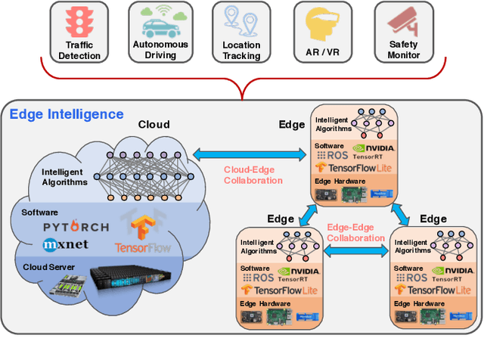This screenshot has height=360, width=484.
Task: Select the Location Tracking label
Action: (x=241, y=50)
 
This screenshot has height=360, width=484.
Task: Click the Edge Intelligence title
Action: (x=66, y=114)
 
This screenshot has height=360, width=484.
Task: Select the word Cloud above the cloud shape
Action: (x=154, y=124)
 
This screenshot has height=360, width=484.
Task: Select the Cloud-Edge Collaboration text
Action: (x=252, y=175)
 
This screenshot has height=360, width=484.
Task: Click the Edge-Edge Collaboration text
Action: (x=355, y=233)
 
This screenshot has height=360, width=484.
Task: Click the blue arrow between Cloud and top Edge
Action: (x=250, y=154)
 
